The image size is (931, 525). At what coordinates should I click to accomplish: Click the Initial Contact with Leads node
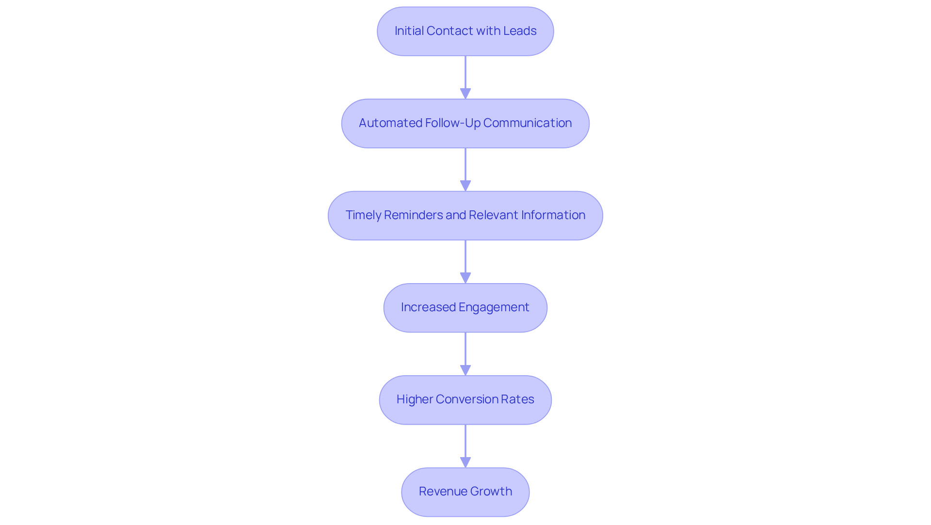465,31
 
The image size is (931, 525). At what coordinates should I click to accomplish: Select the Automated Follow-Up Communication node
465,123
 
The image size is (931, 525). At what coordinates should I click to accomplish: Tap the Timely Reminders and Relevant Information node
465,215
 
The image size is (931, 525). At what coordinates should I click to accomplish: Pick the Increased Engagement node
465,307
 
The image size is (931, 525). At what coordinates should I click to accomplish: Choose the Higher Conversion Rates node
465,399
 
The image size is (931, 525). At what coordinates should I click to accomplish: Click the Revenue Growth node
465,492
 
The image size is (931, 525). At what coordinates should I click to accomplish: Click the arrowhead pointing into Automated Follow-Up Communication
465,94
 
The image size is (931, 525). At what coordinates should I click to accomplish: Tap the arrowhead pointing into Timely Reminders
465,186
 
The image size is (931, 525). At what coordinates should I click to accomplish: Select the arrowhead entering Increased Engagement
465,278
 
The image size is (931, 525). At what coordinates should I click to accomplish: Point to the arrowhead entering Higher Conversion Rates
465,370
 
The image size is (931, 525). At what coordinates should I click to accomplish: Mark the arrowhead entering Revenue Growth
465,462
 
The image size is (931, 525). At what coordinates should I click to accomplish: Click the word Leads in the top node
520,31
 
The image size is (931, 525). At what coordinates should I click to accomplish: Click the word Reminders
414,215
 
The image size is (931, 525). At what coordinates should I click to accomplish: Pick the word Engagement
494,307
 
